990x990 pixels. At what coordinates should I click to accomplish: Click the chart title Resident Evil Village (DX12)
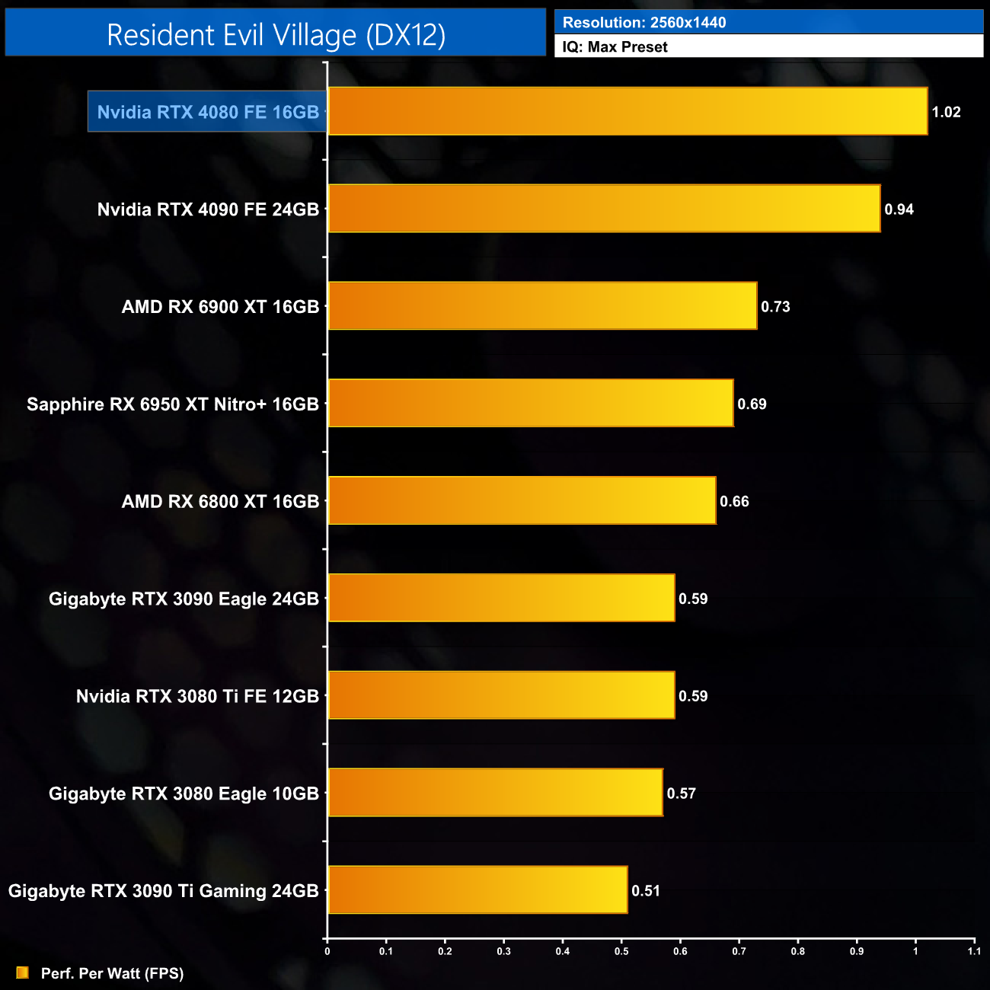coord(276,35)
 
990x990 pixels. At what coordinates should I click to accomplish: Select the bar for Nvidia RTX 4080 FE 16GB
coord(628,111)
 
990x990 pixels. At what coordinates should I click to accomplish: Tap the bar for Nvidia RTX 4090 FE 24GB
coord(604,209)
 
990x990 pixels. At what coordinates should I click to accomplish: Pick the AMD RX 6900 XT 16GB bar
coord(542,306)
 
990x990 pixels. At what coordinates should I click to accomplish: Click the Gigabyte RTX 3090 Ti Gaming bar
coord(477,889)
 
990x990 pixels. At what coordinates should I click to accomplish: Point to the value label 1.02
coord(946,112)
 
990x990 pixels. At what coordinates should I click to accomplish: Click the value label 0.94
coord(899,209)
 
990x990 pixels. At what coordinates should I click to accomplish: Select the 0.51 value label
coord(646,891)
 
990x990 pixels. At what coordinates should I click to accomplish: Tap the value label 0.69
coord(752,404)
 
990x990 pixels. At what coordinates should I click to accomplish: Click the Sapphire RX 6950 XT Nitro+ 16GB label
coord(173,404)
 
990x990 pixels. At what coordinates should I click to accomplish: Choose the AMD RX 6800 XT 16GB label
coord(220,502)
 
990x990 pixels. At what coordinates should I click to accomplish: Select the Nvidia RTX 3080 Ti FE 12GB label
coord(197,696)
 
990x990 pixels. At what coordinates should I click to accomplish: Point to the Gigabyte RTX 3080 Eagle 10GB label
coord(184,794)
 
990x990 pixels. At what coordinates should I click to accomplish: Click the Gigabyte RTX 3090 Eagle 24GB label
coord(184,599)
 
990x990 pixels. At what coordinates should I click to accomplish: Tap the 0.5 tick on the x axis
coord(621,951)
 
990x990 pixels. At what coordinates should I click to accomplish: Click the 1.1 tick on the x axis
coord(974,951)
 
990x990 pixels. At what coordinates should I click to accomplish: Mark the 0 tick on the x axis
coord(327,951)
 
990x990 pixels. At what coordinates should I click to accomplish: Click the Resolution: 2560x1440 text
coord(644,23)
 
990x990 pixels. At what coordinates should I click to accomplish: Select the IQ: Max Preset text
coord(615,47)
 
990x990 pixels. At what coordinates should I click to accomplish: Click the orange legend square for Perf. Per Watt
coord(23,972)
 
